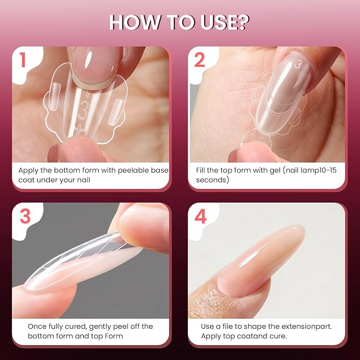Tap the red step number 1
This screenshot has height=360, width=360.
click(x=22, y=60)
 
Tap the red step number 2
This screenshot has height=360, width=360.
click(x=199, y=60)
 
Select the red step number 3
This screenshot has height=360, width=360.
click(x=25, y=216)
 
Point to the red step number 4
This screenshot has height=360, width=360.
click(x=200, y=216)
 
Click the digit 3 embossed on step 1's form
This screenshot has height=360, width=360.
click(x=83, y=110)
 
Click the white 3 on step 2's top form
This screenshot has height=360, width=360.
click(x=298, y=64)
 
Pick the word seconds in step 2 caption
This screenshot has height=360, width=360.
click(x=213, y=180)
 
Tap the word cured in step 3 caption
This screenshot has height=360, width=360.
click(x=75, y=327)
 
